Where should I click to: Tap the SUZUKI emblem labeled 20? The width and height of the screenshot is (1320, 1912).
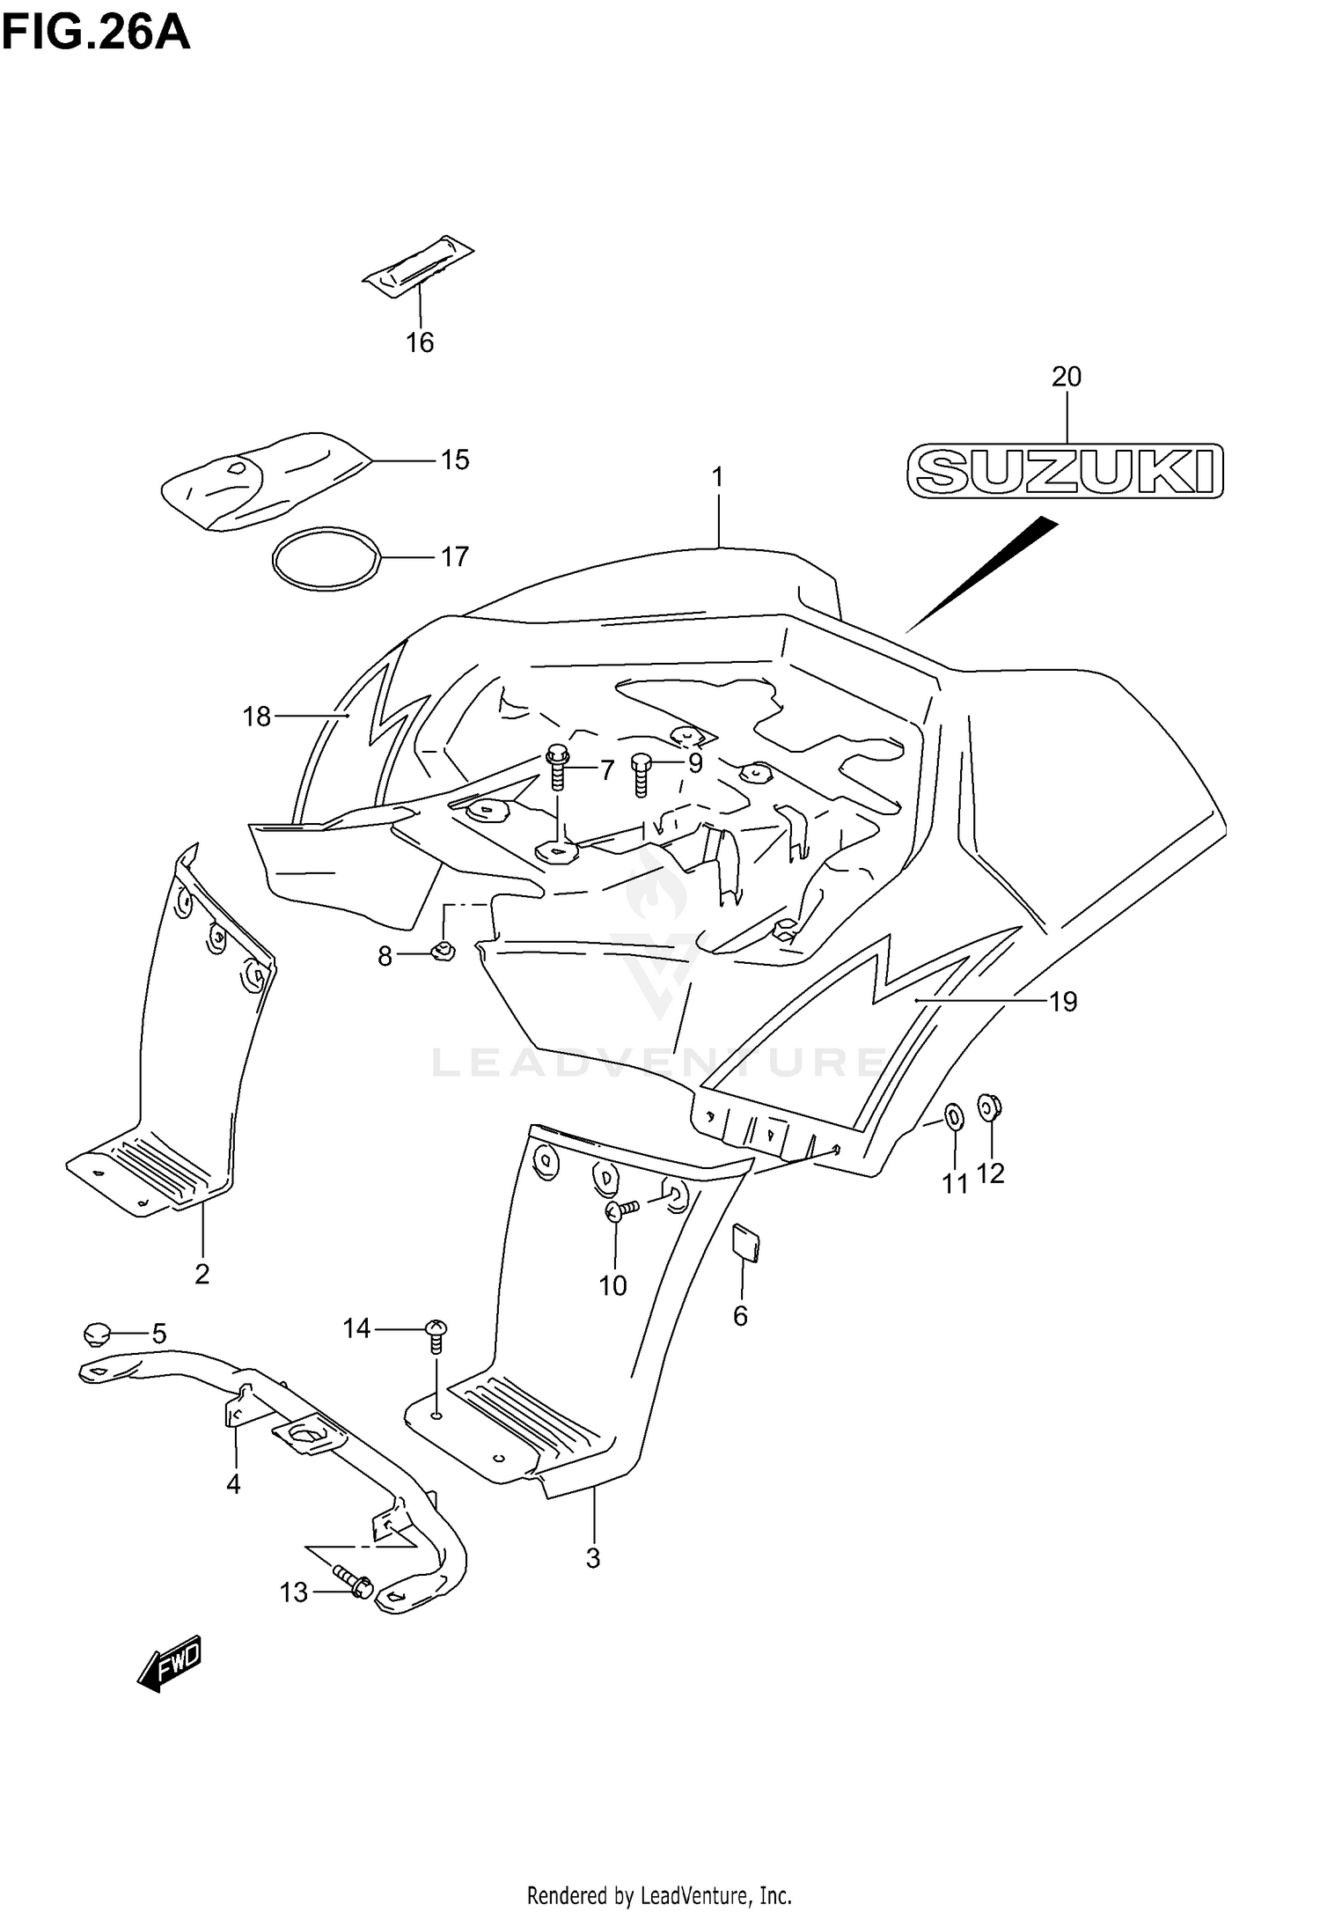[1065, 471]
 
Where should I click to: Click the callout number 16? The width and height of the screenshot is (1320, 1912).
[420, 342]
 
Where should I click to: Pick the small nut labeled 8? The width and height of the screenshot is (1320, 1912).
[443, 950]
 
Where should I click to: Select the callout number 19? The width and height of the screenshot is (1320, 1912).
[1063, 1001]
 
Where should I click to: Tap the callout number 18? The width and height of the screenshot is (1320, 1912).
[256, 717]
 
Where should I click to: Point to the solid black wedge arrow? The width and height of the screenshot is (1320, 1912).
[986, 572]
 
